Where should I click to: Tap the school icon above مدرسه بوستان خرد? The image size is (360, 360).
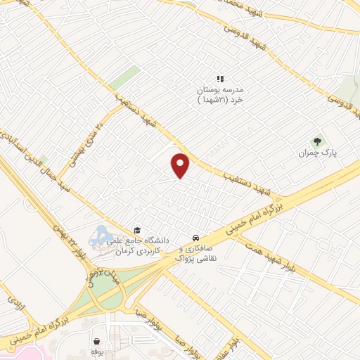click(x=219, y=79)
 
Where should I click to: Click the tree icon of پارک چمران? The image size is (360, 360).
click(x=315, y=139)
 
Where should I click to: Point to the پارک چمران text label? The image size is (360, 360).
click(x=312, y=153)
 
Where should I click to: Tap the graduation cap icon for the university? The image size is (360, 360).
click(x=137, y=230)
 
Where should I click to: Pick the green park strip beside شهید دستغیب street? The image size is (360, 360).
click(x=124, y=78)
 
